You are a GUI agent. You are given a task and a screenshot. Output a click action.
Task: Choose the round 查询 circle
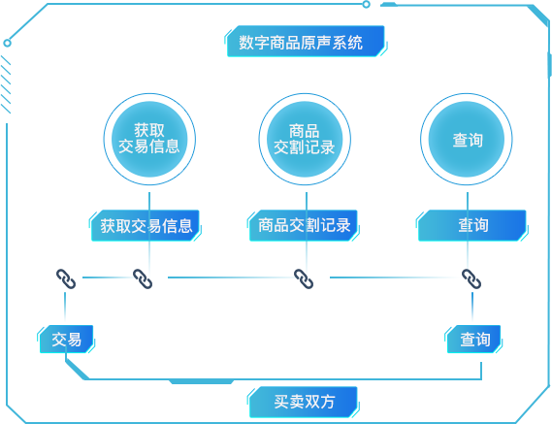point(468,139)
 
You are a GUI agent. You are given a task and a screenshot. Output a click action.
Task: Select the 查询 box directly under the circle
point(472,225)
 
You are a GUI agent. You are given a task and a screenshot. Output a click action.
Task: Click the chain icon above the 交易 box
point(66,278)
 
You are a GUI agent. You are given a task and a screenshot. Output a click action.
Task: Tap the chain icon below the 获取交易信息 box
point(143,278)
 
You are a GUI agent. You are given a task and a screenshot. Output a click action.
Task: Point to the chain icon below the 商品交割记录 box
point(304,278)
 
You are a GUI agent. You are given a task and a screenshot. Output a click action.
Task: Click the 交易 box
point(67,340)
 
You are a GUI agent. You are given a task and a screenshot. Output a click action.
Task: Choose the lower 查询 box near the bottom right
point(474,340)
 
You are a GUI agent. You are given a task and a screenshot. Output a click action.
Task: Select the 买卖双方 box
point(304,401)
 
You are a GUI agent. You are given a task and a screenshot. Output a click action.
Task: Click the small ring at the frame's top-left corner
point(8,43)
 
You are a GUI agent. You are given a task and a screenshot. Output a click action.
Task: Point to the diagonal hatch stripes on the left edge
point(6,83)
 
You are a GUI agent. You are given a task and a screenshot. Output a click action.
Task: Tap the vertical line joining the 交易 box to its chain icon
point(66,309)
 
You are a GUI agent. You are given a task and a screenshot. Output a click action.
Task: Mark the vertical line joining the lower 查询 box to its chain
point(472,309)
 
